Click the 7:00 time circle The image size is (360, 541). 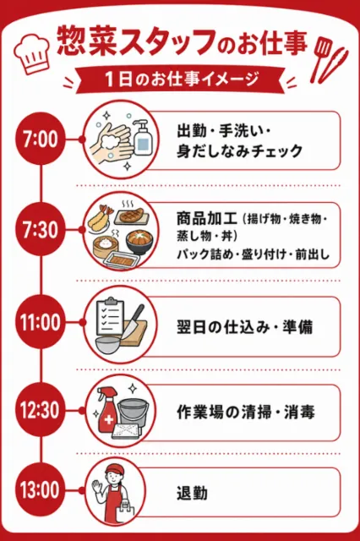tap(41, 139)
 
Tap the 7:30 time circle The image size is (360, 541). tap(41, 230)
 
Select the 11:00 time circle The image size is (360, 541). tap(41, 322)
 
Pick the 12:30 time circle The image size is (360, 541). tap(41, 410)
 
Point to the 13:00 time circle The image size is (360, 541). tap(41, 490)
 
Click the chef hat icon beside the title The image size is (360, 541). tap(31, 53)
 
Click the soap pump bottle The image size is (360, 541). tap(143, 138)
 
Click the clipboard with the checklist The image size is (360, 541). tap(109, 315)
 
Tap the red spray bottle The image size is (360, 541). tap(106, 410)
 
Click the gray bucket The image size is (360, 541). tap(134, 413)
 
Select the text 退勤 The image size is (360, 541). tap(192, 493)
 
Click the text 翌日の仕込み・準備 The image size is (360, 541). tap(245, 327)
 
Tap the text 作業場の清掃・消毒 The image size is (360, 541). tap(246, 412)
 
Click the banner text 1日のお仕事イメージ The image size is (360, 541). tap(182, 79)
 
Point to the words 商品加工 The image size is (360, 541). tap(207, 218)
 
